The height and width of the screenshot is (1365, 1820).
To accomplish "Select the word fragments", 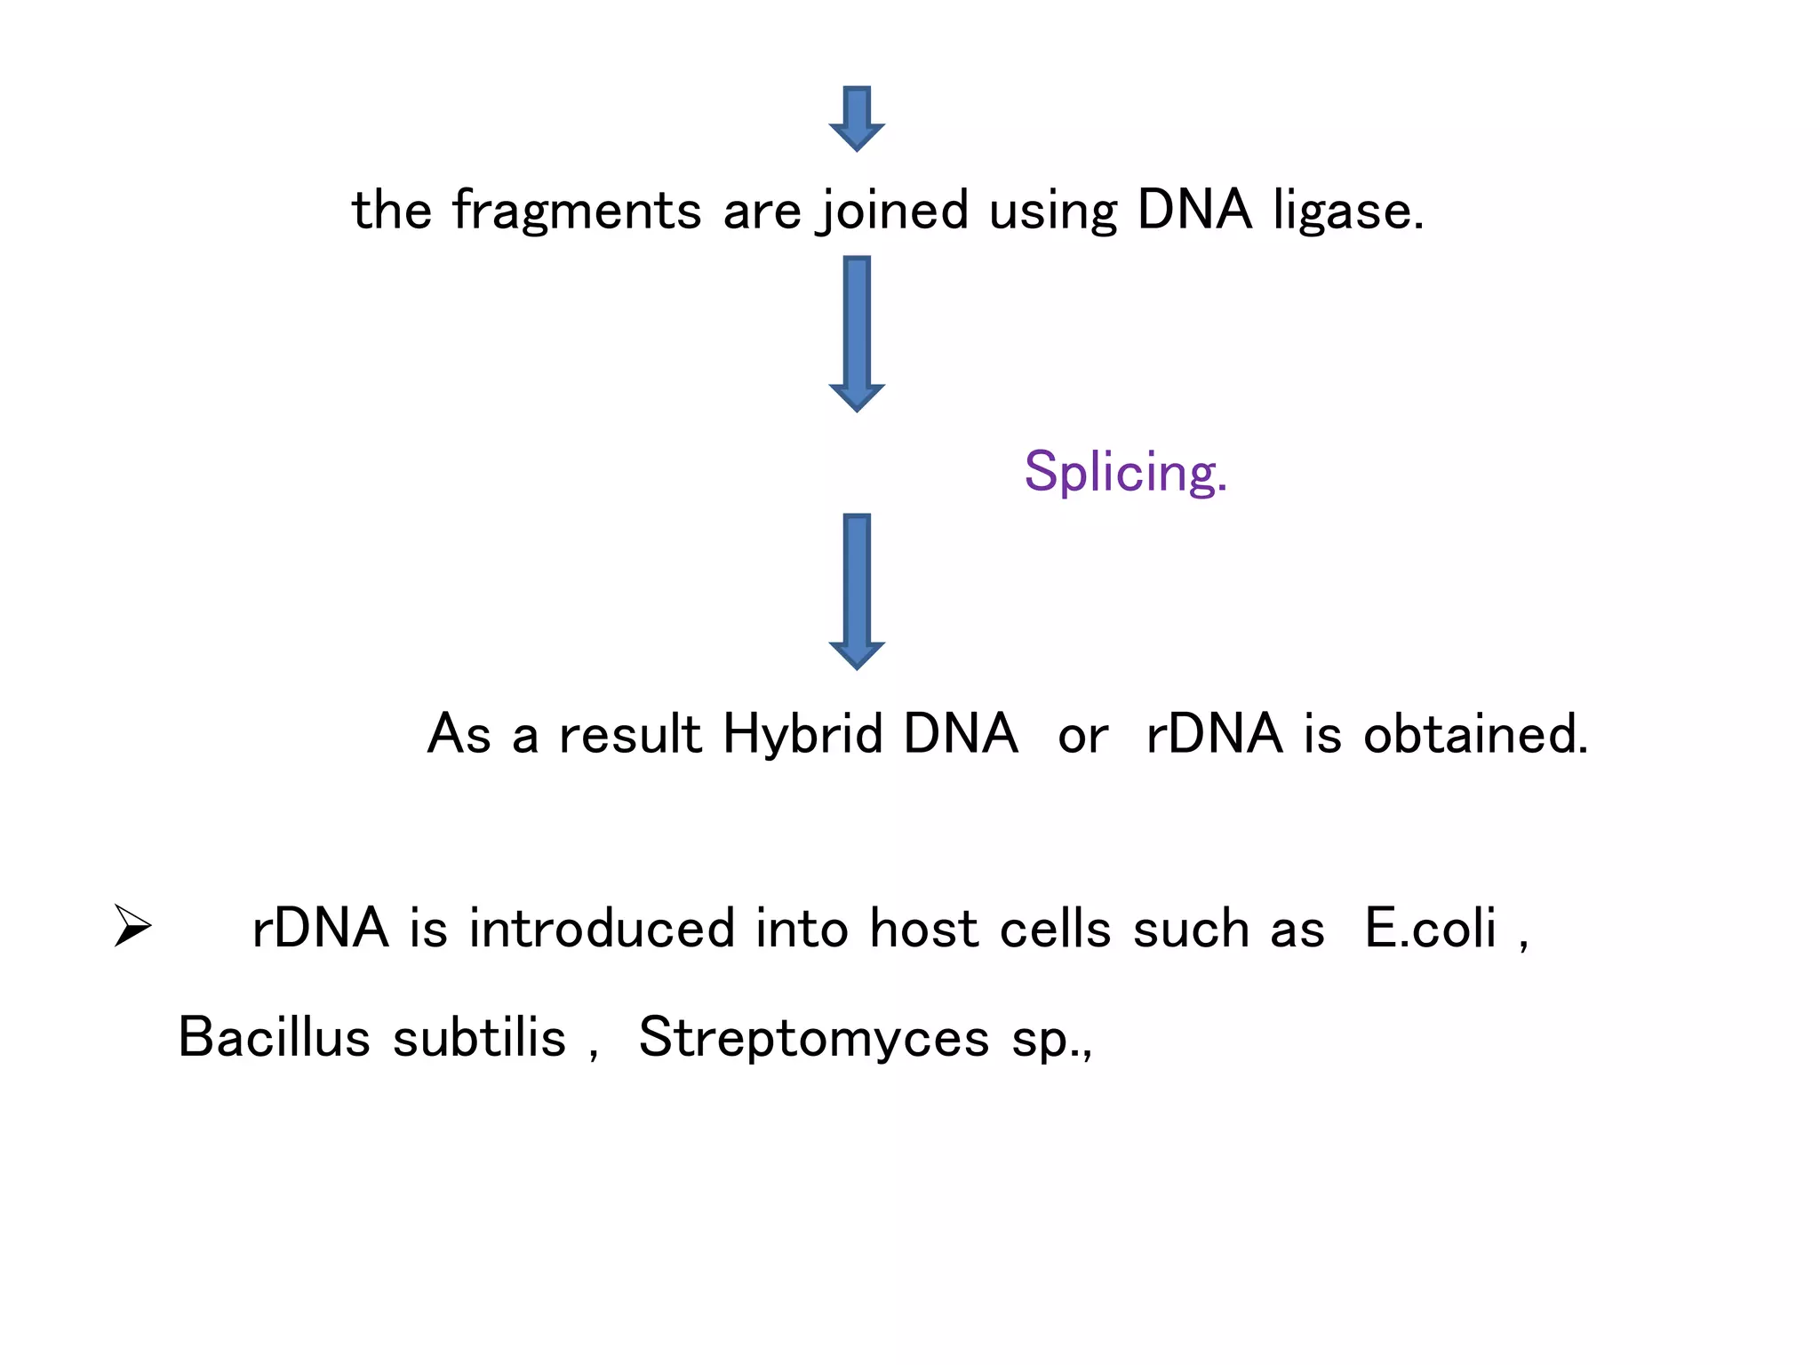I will pos(577,211).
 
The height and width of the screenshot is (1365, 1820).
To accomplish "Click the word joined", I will pos(894,211).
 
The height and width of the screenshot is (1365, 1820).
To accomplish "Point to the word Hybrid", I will pos(802,734).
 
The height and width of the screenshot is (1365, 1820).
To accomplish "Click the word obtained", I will pos(1475,734).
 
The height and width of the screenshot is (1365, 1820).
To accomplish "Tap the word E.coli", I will pos(1431,929).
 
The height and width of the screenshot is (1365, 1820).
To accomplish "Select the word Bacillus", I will pos(274,1037).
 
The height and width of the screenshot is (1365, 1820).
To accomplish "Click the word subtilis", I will pos(479,1037).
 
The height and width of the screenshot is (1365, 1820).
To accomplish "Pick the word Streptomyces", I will pos(813,1037).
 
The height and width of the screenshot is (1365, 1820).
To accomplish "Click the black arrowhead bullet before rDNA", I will pos(133,926).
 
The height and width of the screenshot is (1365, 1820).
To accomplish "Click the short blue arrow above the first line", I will pos(857,118).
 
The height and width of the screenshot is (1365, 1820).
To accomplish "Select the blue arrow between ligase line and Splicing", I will pos(857,333).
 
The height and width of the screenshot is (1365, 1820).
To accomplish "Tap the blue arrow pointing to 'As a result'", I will pos(857,590).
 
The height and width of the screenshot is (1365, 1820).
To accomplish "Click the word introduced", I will pos(602,929).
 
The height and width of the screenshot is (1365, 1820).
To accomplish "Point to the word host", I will pos(923,929).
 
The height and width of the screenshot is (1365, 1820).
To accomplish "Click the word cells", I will pos(1055,929).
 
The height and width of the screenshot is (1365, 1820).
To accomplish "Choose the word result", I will pos(630,734).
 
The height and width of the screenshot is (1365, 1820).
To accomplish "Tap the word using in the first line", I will pos(1052,211).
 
